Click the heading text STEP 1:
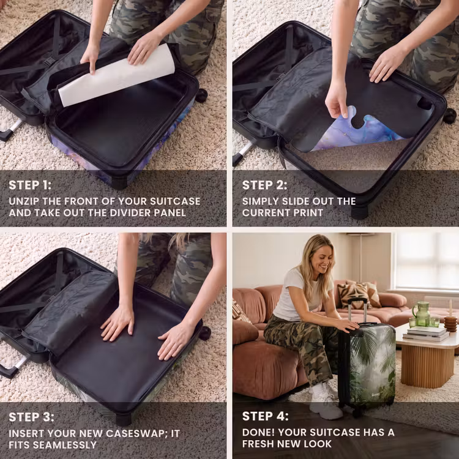30,185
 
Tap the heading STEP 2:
264,185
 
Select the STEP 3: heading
31,417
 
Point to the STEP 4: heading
265,416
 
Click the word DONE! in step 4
258,432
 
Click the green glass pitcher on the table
422,314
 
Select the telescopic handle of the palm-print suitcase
357,311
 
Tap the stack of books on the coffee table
426,334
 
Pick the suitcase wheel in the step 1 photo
201,95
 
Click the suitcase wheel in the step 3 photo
205,333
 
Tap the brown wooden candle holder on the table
450,323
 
